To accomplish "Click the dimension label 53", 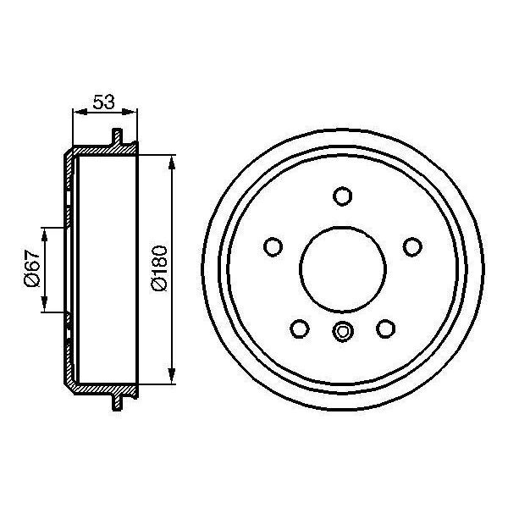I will point(103,102).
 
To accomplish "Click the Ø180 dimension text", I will point(158,268).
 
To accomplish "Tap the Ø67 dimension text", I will point(31,268).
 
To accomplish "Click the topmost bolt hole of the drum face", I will point(342,196).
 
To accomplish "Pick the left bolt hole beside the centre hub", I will point(273,246).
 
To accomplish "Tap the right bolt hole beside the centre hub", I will point(412,246).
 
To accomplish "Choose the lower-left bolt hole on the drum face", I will point(299,328).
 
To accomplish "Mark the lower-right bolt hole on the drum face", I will point(386,328).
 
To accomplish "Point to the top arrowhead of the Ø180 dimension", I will point(173,159).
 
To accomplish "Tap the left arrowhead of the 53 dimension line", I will point(77,112).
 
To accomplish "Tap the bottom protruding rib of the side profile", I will point(117,400).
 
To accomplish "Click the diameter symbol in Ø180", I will point(158,288).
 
